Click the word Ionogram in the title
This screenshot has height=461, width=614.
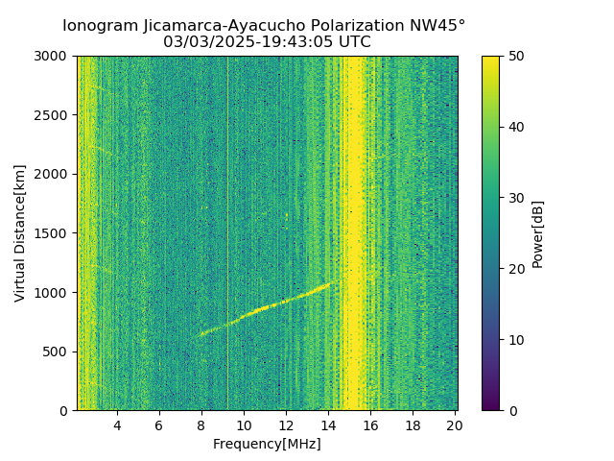coord(99,26)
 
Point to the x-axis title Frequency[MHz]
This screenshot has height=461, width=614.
coord(267,444)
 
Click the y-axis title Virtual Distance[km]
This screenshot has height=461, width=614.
coord(20,233)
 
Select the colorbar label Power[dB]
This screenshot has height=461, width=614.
coord(538,233)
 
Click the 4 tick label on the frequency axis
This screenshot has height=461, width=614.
coord(117,425)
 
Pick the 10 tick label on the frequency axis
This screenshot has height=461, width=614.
coord(244,425)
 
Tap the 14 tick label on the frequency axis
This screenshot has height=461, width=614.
coord(328,425)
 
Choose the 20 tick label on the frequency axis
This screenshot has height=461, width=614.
coord(455,425)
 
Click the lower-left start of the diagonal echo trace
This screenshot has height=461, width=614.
coord(201,335)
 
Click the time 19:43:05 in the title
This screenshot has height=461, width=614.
coord(290,42)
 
